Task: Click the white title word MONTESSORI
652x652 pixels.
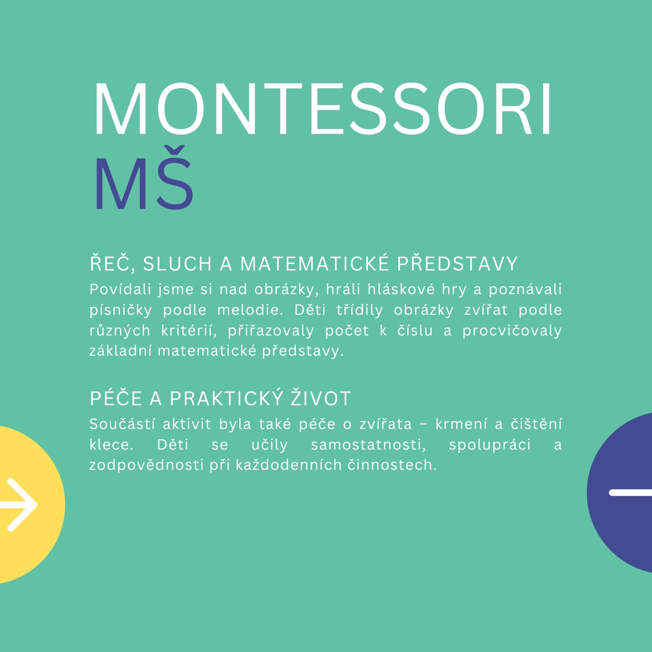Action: (323, 108)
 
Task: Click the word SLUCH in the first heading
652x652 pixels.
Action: (178, 263)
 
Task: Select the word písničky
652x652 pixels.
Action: (121, 310)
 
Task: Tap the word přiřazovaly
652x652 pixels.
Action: (271, 331)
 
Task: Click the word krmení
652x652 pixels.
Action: (461, 424)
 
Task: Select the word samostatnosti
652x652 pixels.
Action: (368, 445)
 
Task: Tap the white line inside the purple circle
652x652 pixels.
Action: (630, 493)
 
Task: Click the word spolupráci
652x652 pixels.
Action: (490, 445)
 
